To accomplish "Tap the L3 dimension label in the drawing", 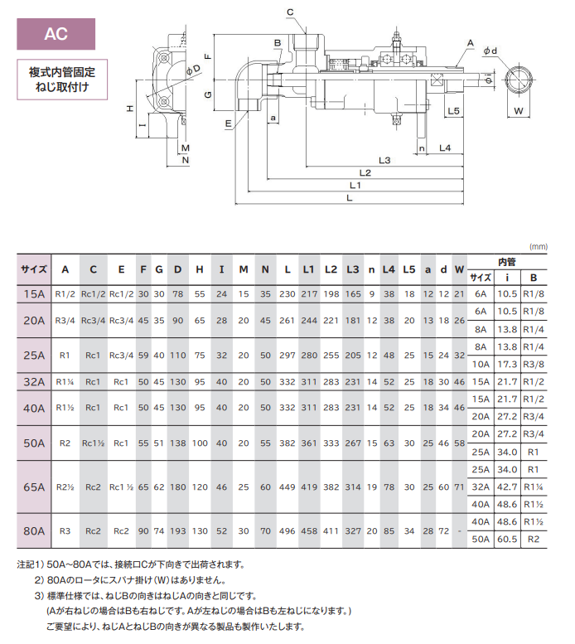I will [384, 158].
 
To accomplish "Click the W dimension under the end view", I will [519, 110].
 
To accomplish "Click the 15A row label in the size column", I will [34, 294].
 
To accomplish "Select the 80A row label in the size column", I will [34, 530].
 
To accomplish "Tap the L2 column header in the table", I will [331, 269].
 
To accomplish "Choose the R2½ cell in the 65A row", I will [65, 487].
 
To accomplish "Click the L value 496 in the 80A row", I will [287, 530].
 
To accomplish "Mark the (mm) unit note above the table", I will [539, 247].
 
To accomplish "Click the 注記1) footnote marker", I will [31, 564].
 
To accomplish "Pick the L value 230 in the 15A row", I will [287, 294].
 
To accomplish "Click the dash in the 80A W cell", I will [460, 530].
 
